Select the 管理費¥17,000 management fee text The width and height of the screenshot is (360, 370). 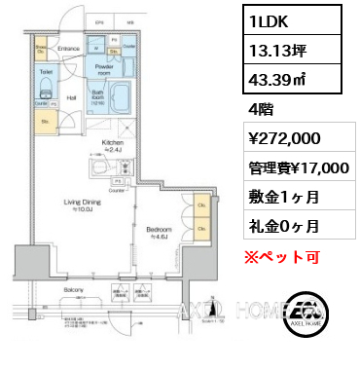[297, 168]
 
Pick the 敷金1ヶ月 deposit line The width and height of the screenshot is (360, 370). [283, 197]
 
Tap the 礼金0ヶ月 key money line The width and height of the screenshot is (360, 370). [283, 225]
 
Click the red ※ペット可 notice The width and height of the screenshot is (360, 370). [280, 257]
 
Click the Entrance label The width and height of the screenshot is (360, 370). [68, 47]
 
